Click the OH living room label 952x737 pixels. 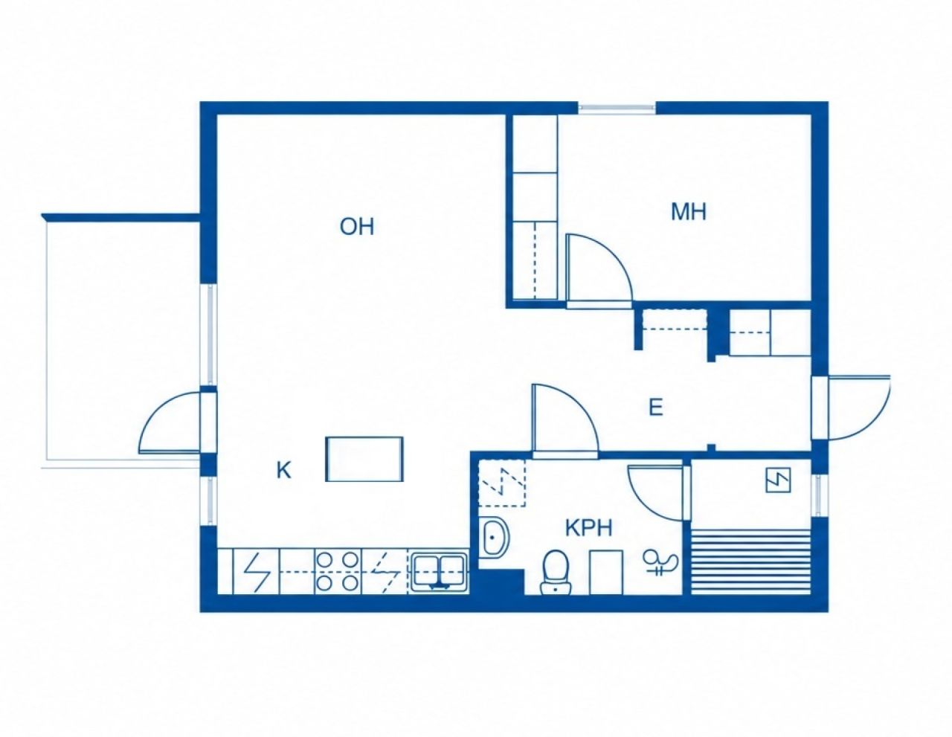click(x=357, y=227)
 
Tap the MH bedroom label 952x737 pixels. click(x=689, y=212)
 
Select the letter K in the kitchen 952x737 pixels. click(x=284, y=471)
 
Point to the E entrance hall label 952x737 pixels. click(x=655, y=408)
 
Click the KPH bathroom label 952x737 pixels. click(x=588, y=528)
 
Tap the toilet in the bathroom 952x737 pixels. click(x=556, y=572)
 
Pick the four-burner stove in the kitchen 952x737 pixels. click(x=337, y=571)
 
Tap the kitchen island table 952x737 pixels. click(x=364, y=459)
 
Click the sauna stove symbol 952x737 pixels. click(x=778, y=480)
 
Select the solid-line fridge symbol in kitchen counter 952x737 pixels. click(x=257, y=571)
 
